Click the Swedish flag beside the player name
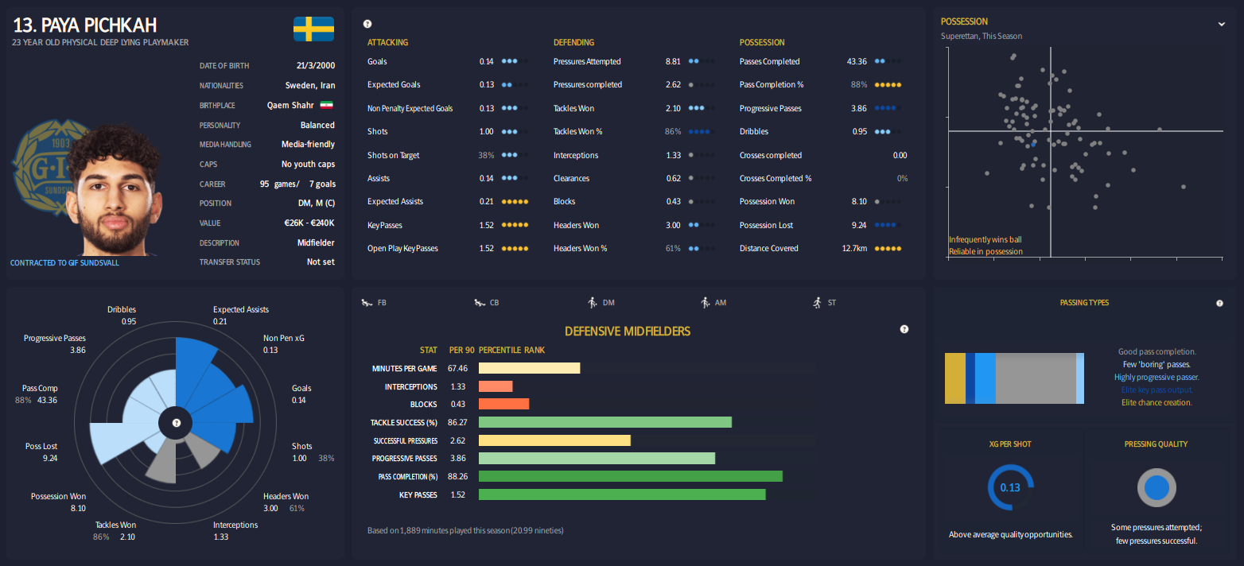313,29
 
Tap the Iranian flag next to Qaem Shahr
326,105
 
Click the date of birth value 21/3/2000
316,66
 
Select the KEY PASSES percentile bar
622,494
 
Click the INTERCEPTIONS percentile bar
496,386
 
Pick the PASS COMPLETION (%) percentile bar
631,476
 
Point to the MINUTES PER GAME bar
529,368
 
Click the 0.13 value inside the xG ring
1010,487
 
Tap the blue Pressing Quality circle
1157,487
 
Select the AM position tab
713,303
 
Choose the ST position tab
824,303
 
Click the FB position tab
374,303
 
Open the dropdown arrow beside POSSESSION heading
1222,24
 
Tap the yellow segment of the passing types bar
954,378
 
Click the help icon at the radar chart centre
177,423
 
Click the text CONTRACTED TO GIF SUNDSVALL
64,262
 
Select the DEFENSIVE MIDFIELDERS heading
628,331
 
